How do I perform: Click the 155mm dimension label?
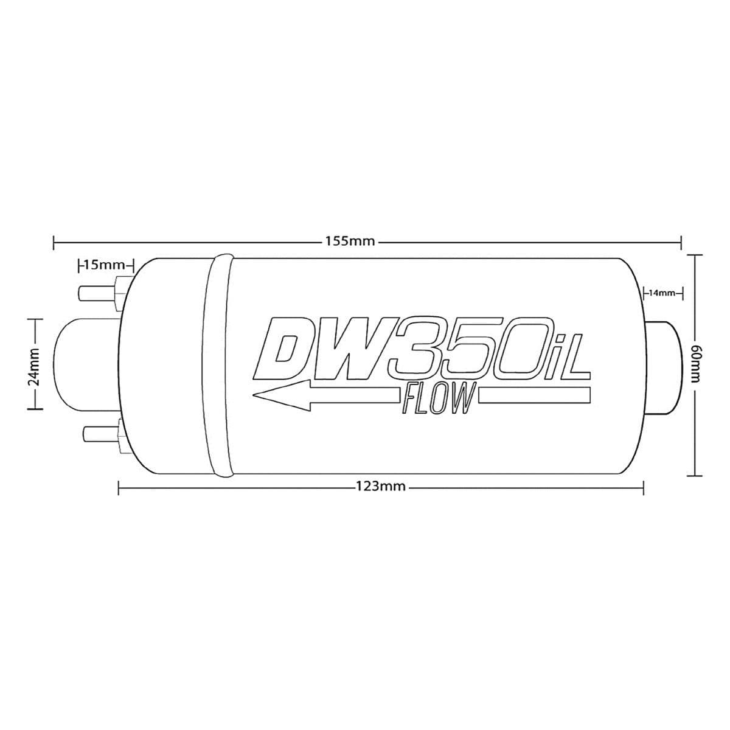click(x=349, y=242)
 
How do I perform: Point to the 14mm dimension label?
click(x=662, y=293)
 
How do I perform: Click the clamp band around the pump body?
click(x=218, y=365)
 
